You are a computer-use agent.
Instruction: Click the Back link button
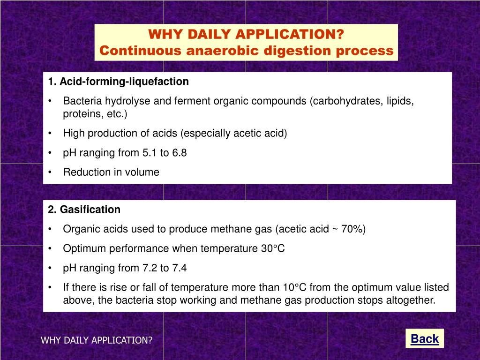(424, 339)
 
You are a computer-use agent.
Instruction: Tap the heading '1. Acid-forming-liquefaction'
(118, 82)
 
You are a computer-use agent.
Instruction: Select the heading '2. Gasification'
(84, 210)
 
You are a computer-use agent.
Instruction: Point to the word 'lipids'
(400, 101)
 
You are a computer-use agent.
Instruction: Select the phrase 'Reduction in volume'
(111, 172)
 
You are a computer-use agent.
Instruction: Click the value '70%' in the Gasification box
(352, 229)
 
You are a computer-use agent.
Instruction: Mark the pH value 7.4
(180, 268)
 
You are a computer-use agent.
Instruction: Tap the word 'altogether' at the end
(413, 300)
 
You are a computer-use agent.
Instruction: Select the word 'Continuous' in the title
(141, 51)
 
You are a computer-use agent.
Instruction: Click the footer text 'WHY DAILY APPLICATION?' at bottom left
(97, 340)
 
